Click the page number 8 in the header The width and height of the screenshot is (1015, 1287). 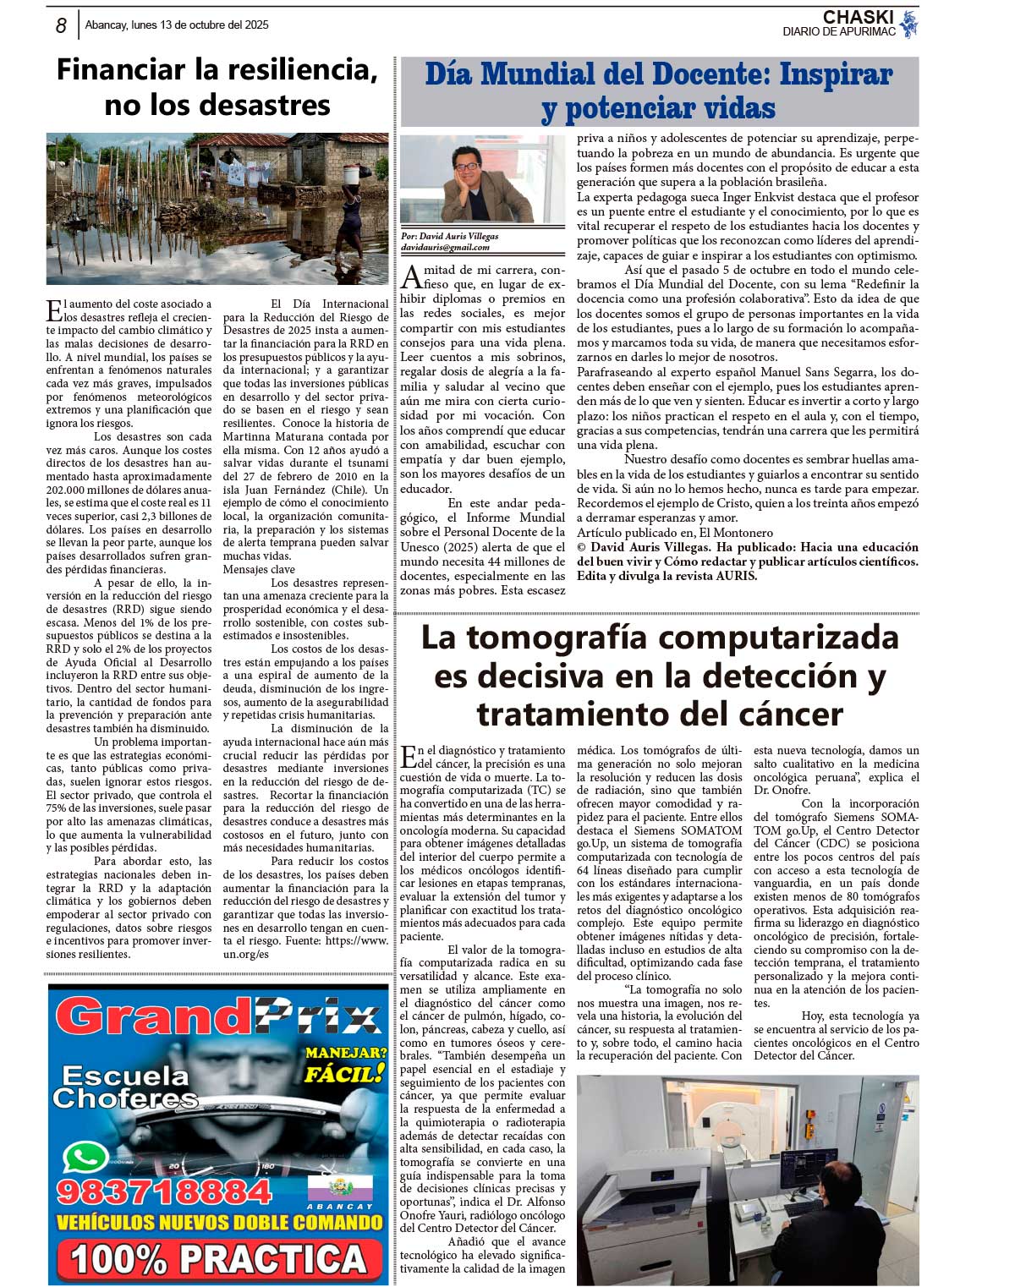pos(61,25)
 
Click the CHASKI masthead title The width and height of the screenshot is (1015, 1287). pos(858,17)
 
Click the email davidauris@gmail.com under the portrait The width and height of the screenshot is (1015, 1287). pos(445,248)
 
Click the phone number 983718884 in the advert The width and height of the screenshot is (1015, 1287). pos(164,1191)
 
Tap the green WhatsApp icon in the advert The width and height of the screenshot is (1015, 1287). pos(85,1157)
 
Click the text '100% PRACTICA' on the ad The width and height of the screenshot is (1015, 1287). pos(218,1259)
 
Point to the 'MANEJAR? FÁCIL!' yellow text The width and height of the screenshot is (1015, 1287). pos(346,1065)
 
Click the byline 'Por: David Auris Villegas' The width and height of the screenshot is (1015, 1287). pos(449,237)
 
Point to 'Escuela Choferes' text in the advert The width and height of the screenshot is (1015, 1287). pos(125,1087)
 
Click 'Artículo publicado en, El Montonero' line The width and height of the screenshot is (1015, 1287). pos(675,533)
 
